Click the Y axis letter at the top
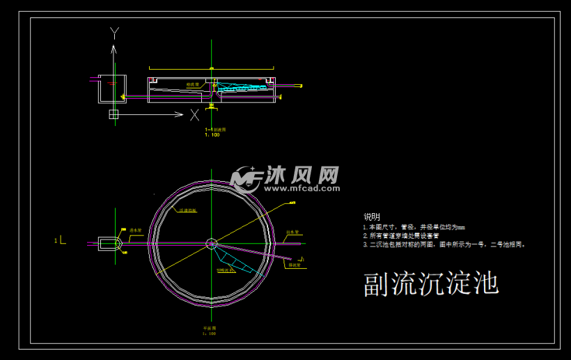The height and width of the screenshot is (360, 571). pyautogui.click(x=115, y=32)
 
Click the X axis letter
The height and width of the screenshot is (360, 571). pyautogui.click(x=195, y=114)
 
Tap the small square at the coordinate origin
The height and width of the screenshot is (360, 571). pyautogui.click(x=114, y=114)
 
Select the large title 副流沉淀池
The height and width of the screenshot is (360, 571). pyautogui.click(x=432, y=284)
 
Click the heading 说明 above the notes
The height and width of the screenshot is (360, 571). pyautogui.click(x=372, y=217)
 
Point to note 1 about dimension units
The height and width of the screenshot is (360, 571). pyautogui.click(x=414, y=227)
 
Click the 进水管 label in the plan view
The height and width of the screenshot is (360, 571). pyautogui.click(x=135, y=230)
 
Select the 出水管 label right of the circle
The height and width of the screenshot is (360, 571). pyautogui.click(x=292, y=232)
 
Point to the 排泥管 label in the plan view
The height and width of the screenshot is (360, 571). pyautogui.click(x=292, y=265)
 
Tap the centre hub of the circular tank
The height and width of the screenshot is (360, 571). pyautogui.click(x=212, y=243)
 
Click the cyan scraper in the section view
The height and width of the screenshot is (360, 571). pyautogui.click(x=240, y=88)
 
